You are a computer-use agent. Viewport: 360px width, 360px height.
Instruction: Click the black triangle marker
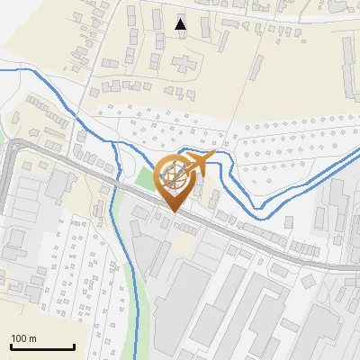point(181,23)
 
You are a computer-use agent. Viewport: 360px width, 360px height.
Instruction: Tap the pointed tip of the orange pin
point(172,211)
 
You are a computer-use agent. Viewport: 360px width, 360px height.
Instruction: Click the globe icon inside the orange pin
point(172,175)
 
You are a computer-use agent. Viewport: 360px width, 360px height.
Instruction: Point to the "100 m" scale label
point(24,338)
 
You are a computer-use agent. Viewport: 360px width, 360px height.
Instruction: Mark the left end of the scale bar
point(11,346)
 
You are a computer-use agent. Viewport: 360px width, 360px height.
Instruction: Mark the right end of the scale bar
point(74,346)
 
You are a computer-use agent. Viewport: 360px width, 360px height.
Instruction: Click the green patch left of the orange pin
point(145,177)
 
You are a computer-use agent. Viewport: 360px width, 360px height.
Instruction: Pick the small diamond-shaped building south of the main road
point(97,207)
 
